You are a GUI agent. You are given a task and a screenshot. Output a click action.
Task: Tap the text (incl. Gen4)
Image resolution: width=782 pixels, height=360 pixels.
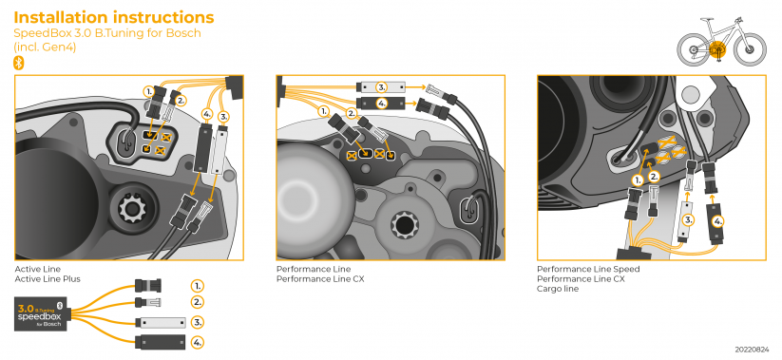coord(45,47)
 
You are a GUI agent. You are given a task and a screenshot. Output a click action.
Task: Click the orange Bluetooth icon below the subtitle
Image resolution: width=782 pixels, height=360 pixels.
coord(18,62)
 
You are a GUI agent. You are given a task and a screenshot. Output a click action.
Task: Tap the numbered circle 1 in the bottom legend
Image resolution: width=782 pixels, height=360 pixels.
coord(198,285)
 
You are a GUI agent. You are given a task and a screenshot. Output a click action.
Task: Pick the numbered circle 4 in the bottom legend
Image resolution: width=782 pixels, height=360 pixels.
coord(198,341)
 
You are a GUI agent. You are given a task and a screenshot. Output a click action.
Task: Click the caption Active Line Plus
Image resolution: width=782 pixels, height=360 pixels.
coord(44,279)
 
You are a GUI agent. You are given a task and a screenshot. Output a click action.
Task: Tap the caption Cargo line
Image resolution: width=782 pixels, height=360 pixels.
coord(558,289)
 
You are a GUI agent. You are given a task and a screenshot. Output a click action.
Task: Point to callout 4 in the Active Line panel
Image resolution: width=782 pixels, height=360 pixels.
coord(208,113)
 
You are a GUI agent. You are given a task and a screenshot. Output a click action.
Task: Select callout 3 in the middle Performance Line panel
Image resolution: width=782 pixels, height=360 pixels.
coord(381,86)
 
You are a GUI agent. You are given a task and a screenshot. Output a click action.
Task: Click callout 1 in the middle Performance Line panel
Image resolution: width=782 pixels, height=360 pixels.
coord(325,111)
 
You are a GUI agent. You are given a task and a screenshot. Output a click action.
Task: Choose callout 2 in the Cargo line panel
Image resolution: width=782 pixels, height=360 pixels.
coord(654,177)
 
